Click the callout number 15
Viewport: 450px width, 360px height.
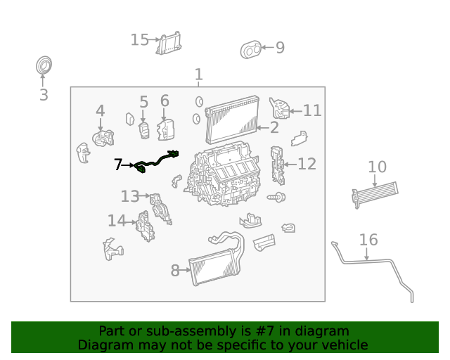[x=140, y=39]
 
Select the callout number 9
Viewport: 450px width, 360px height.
[x=280, y=48]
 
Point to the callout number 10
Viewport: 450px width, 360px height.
[x=377, y=167]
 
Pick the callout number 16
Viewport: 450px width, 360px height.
[x=368, y=240]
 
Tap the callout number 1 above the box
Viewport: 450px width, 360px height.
[x=198, y=75]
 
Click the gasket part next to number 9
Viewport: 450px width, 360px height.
[x=251, y=49]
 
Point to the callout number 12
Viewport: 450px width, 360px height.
[x=307, y=164]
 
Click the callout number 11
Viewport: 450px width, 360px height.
[x=312, y=110]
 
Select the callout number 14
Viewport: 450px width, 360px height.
[x=117, y=221]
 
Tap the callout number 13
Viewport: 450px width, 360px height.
[x=130, y=196]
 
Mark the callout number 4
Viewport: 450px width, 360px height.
[x=101, y=110]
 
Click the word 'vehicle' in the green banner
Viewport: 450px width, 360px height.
[x=344, y=345]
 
